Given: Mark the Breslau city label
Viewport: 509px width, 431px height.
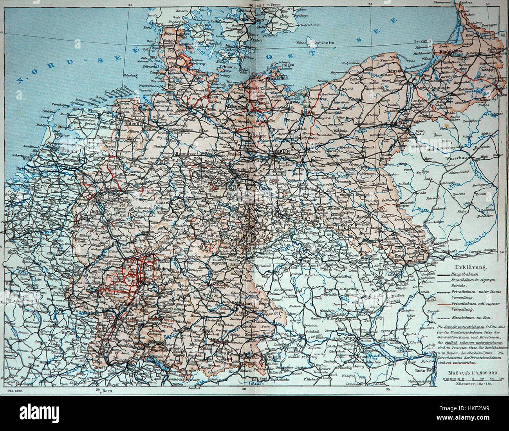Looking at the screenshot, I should pos(364,216).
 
